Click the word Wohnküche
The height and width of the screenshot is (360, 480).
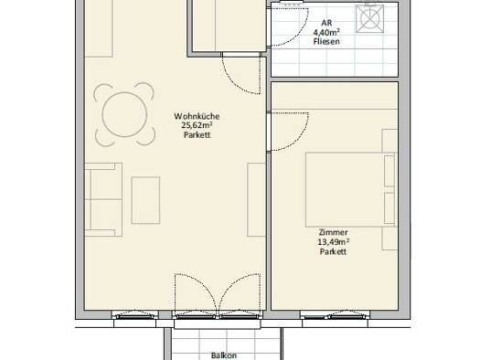tap(197, 116)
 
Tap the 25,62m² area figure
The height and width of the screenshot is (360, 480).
tap(197, 125)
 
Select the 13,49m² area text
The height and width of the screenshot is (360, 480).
tap(334, 242)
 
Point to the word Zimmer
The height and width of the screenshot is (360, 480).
tap(333, 232)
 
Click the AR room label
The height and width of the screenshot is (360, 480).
tap(326, 23)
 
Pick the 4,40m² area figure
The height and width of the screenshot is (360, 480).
tap(326, 32)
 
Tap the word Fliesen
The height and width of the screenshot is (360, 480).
tap(326, 41)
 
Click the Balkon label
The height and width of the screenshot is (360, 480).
tap(224, 355)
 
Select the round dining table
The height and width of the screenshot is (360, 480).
tap(124, 114)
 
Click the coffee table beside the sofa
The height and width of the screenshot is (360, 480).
tap(145, 200)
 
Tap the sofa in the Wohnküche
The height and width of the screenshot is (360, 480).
tap(103, 200)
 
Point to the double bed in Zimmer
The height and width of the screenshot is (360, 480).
tap(351, 190)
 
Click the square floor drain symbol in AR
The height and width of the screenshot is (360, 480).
tap(369, 18)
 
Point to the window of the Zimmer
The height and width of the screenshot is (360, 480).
tap(335, 316)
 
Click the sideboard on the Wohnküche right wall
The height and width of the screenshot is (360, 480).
tap(256, 200)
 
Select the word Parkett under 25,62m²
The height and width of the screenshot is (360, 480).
tap(197, 134)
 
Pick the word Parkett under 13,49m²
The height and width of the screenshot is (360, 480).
tap(333, 251)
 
